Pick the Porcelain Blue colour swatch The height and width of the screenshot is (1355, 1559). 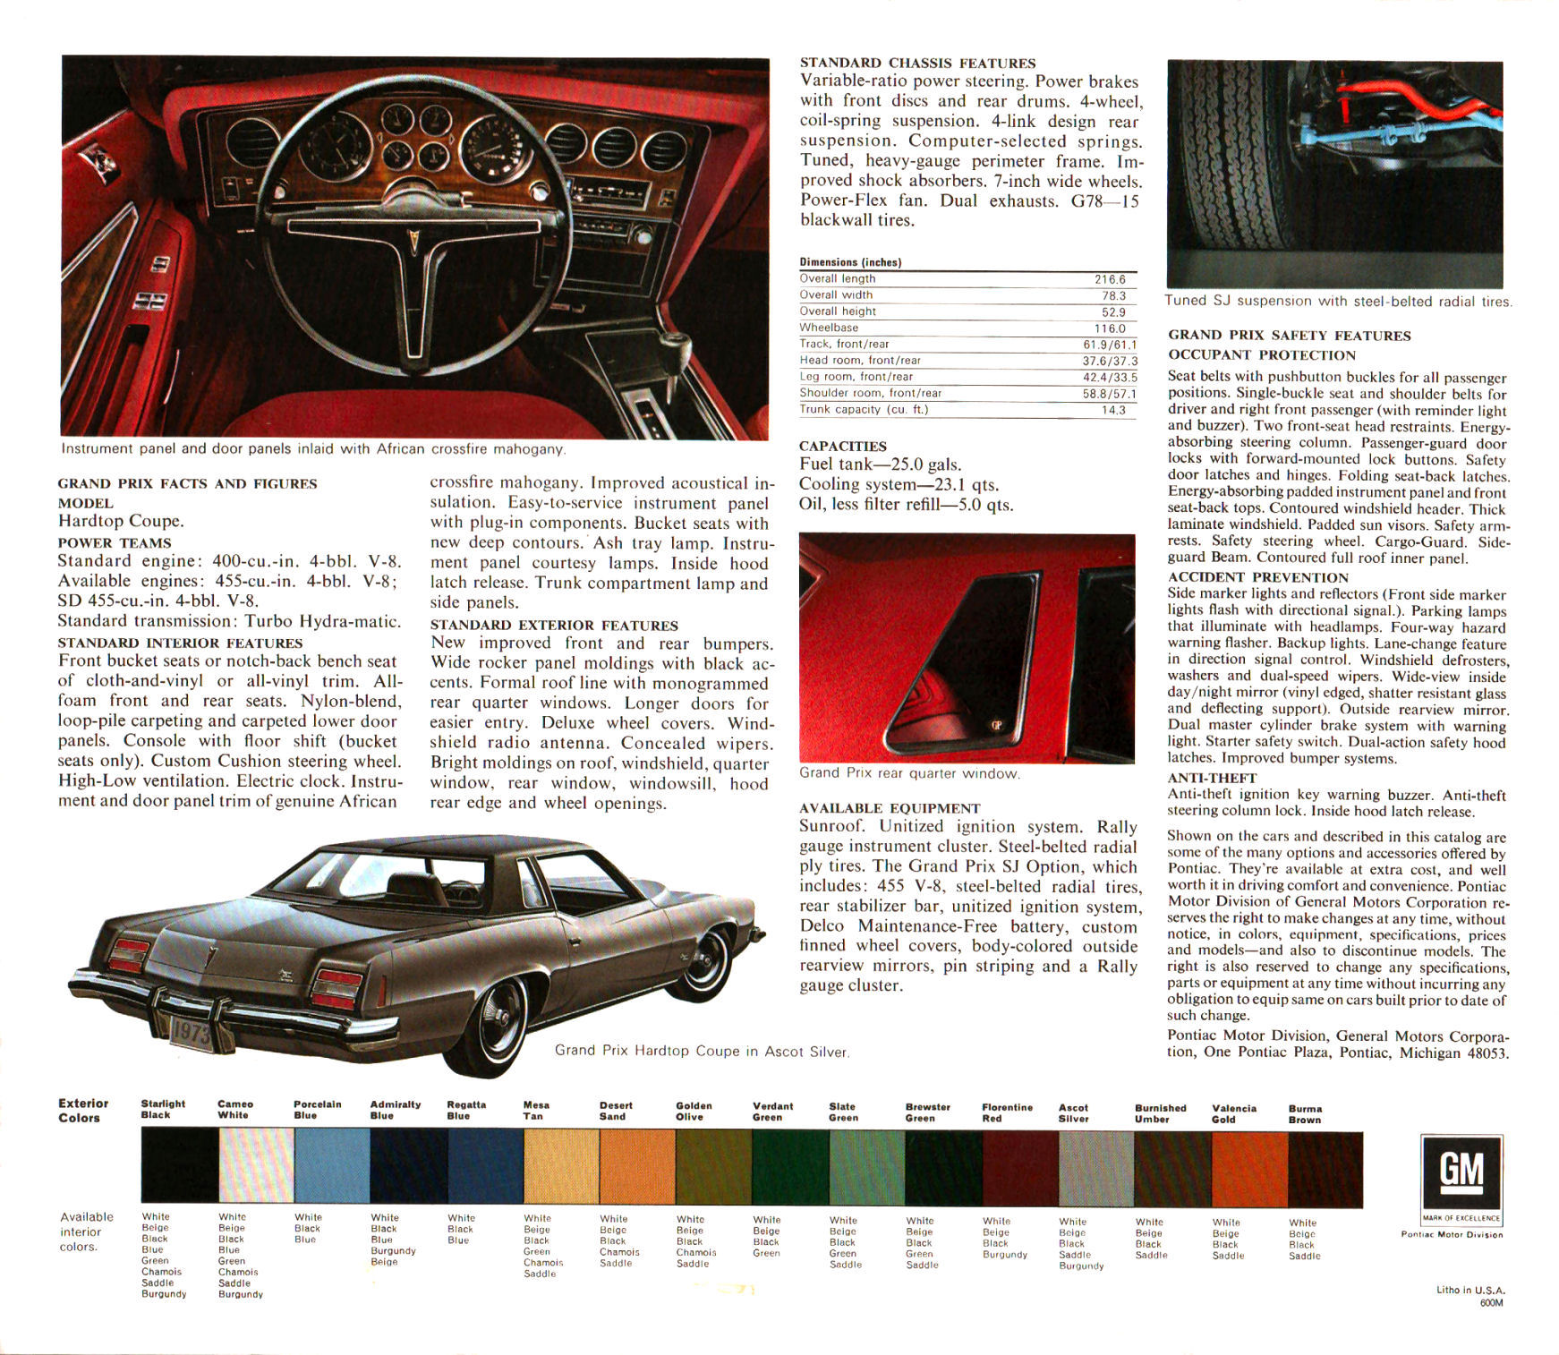[332, 1164]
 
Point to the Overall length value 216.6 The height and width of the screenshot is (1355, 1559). [1110, 279]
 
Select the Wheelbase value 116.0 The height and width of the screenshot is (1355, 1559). [1110, 328]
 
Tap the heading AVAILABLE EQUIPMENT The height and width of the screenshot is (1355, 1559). [890, 808]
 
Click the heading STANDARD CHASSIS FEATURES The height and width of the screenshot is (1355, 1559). [917, 63]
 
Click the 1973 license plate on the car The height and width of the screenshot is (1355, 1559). [190, 1032]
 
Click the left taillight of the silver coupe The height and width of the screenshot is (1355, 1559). [127, 955]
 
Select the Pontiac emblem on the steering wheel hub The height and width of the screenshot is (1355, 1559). [412, 241]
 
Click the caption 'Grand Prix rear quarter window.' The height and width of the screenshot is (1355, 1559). [909, 773]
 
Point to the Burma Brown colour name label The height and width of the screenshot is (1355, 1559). [1305, 1114]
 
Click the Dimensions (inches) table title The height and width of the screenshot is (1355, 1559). [850, 262]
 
